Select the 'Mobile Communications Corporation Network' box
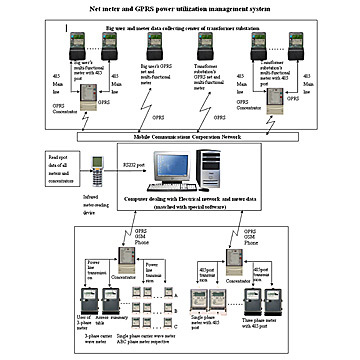[x=180, y=134]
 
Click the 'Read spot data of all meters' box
[x=33, y=164]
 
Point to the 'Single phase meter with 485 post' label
[x=232, y=322]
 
